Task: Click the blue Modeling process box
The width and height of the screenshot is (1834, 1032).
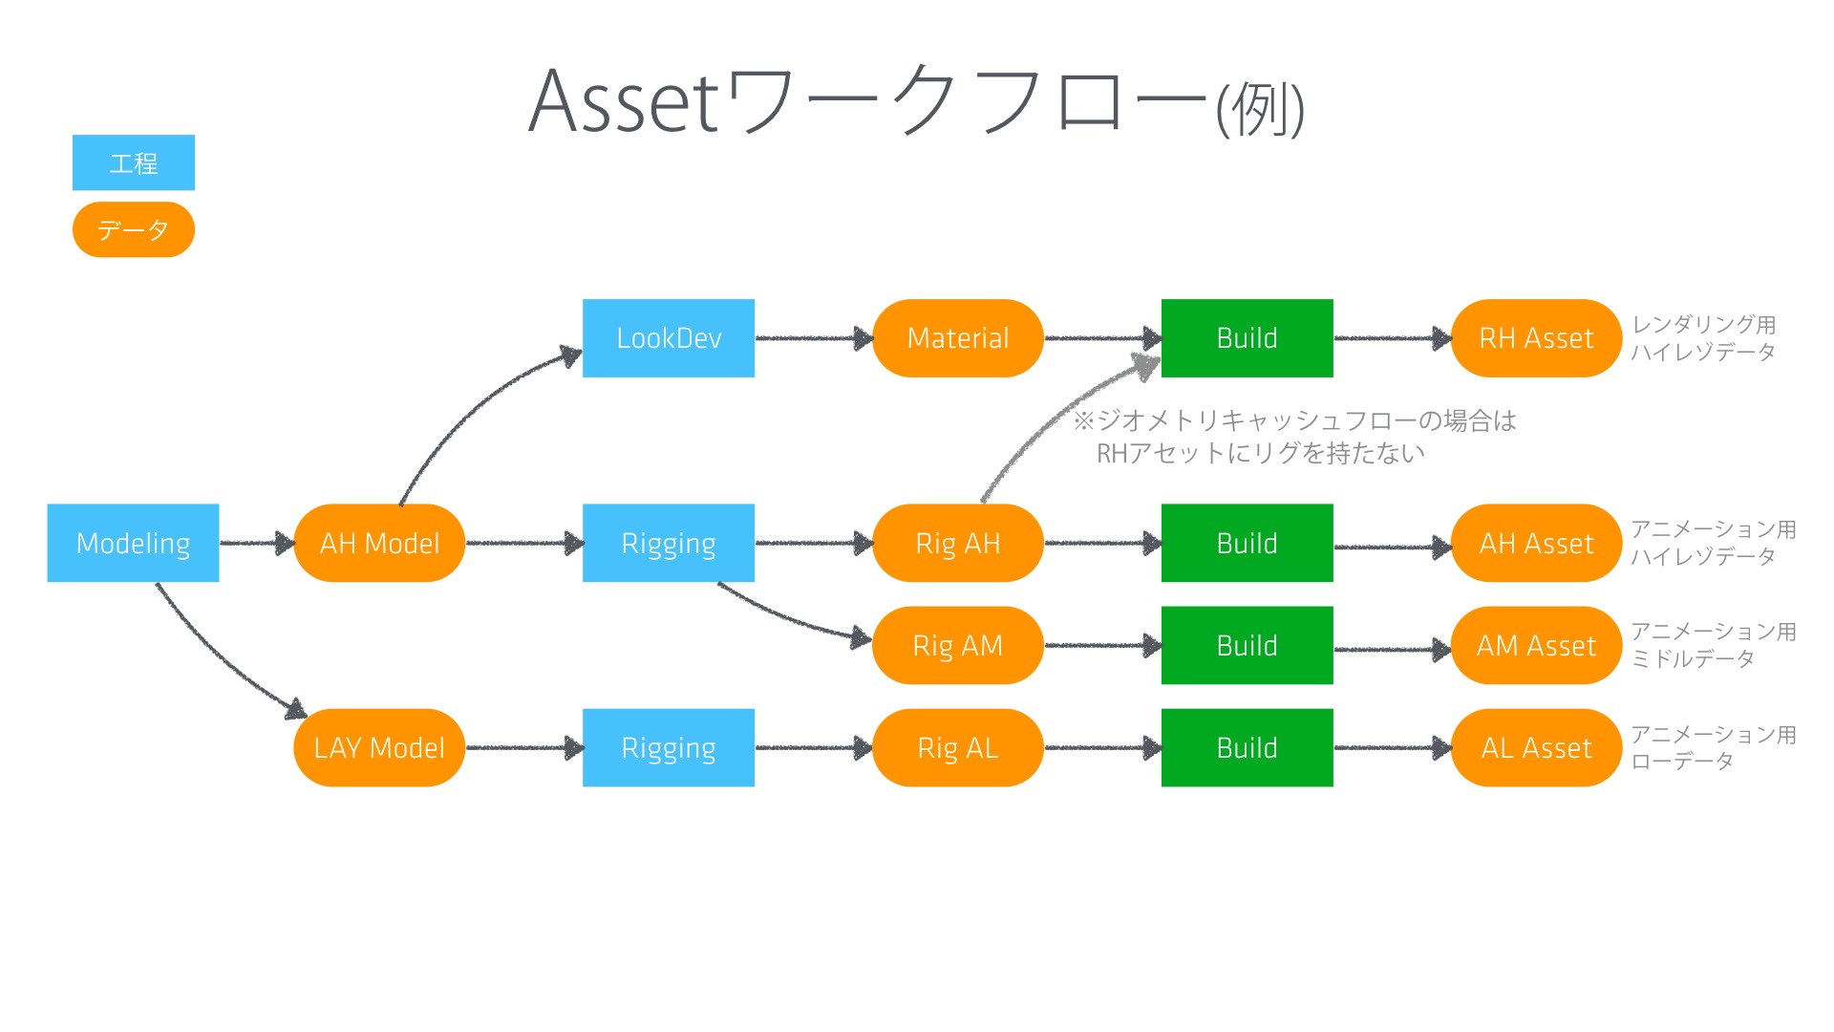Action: [x=133, y=543]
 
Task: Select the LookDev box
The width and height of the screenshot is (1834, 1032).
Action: [x=669, y=338]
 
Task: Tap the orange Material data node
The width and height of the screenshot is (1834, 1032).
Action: [x=958, y=338]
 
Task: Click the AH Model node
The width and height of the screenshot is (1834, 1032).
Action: [x=379, y=543]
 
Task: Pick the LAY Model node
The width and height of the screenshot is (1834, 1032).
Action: [x=379, y=747]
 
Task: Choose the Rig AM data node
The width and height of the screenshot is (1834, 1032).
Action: [x=958, y=645]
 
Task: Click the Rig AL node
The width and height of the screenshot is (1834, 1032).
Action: [x=958, y=747]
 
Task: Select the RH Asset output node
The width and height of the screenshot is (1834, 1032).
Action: [x=1537, y=338]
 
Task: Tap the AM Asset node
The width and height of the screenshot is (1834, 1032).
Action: [x=1537, y=645]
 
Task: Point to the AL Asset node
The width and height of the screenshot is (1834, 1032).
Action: [x=1537, y=747]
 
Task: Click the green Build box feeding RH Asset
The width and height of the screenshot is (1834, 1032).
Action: [x=1248, y=338]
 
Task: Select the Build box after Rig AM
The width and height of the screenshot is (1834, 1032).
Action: [x=1248, y=645]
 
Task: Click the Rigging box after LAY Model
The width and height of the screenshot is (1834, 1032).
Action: [x=669, y=747]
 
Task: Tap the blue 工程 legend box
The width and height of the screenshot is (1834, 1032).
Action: [x=134, y=162]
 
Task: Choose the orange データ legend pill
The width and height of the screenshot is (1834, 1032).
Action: [x=134, y=229]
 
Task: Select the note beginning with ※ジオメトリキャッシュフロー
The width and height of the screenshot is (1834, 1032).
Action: [x=1294, y=437]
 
